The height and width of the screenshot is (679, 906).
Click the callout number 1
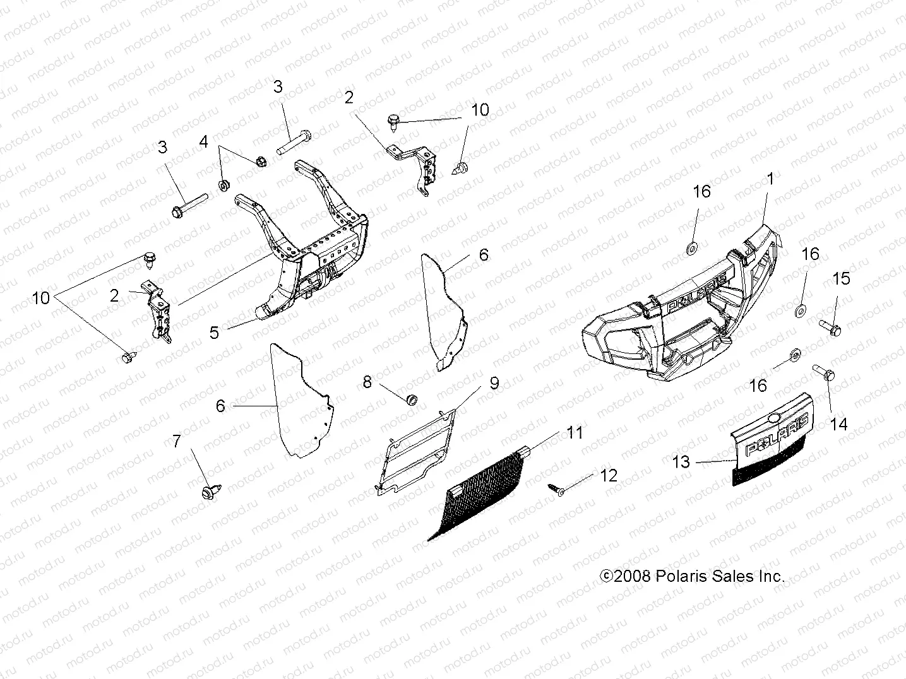tap(770, 179)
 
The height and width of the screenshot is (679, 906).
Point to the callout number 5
tap(215, 332)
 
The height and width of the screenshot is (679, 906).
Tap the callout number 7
tap(177, 442)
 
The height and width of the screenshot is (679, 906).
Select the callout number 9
tap(494, 383)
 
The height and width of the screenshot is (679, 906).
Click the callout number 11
tap(575, 433)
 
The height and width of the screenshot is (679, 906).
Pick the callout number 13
tap(681, 462)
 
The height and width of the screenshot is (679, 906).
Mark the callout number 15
tap(842, 279)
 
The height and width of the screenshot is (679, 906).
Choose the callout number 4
tap(203, 142)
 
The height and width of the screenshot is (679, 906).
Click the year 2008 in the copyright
tap(633, 576)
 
